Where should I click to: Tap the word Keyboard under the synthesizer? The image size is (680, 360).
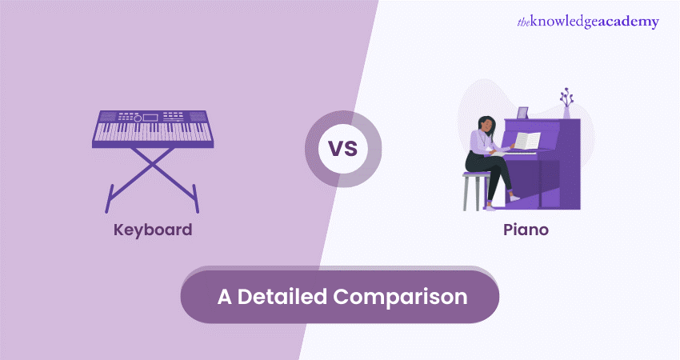click(x=153, y=230)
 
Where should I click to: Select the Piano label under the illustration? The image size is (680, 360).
click(x=525, y=230)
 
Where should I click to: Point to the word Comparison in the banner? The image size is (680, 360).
click(x=400, y=297)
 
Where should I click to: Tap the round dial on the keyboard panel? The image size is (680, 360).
click(x=137, y=118)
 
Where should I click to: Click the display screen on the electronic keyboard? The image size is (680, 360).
click(x=151, y=118)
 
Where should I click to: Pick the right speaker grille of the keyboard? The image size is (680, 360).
click(x=193, y=117)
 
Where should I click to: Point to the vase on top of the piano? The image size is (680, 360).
click(x=567, y=112)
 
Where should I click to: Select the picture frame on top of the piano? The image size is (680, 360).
click(x=522, y=113)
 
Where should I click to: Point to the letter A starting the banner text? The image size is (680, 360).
click(x=225, y=296)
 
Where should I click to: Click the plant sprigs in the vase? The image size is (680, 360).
click(x=567, y=97)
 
